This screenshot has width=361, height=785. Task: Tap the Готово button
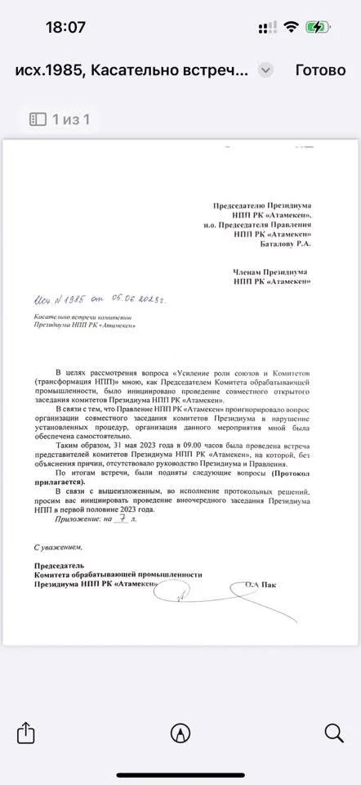click(x=320, y=70)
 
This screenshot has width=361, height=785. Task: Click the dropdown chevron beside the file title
click(x=265, y=70)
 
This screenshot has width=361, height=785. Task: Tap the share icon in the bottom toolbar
click(x=26, y=732)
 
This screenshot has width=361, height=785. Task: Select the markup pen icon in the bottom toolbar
click(x=180, y=732)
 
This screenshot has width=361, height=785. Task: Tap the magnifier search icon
click(x=334, y=732)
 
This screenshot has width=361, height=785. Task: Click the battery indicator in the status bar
click(x=318, y=27)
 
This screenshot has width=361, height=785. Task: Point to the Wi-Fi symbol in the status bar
click(x=291, y=27)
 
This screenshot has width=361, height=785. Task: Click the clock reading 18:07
click(x=65, y=27)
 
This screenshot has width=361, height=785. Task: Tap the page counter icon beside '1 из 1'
click(x=38, y=119)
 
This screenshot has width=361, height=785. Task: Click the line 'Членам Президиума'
click(x=270, y=271)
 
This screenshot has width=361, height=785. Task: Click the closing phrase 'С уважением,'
click(x=58, y=545)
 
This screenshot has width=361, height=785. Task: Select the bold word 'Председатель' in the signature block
click(x=60, y=565)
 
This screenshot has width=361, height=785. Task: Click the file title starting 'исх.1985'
click(x=131, y=70)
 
